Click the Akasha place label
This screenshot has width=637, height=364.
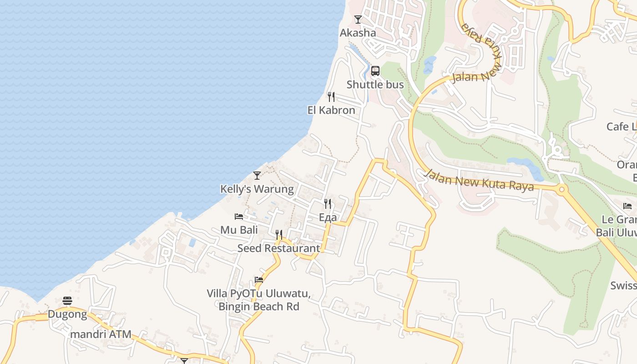[x=358, y=33]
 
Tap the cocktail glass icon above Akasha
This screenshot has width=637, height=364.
[x=358, y=20]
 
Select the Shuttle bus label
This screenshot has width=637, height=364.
[x=375, y=85]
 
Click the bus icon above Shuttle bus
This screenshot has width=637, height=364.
[x=375, y=71]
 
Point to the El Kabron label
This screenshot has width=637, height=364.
[x=331, y=110]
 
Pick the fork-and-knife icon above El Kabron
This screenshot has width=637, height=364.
[x=331, y=97]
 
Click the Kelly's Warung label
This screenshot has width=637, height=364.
[x=257, y=189]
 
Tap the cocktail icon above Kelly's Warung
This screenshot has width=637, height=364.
[x=257, y=176]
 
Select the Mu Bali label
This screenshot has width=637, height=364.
[x=239, y=230]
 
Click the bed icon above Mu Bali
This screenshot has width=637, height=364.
[x=239, y=217]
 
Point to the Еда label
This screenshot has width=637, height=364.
[x=328, y=217]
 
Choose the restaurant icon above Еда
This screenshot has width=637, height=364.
[x=328, y=203]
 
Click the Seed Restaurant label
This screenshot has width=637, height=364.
[x=279, y=248]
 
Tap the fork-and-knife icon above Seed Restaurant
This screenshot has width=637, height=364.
[x=279, y=235]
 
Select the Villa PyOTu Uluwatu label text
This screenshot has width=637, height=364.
[x=259, y=300]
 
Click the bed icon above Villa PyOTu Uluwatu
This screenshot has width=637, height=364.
[x=259, y=280]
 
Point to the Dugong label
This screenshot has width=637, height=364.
[x=67, y=314]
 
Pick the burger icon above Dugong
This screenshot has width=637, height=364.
[x=67, y=301]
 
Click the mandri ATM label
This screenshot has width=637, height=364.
[x=101, y=334]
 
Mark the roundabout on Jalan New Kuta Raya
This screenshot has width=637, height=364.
[x=561, y=189]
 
